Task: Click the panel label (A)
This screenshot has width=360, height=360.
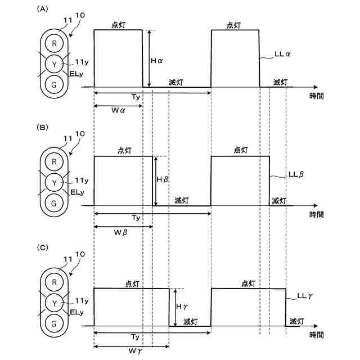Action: (42, 10)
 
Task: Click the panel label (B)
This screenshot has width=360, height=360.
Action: (42, 128)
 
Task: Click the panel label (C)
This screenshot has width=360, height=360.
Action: (42, 247)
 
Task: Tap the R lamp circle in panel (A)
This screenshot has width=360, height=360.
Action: (54, 43)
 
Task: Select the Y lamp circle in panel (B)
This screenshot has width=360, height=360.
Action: (54, 182)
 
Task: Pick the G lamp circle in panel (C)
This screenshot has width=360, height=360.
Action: (54, 323)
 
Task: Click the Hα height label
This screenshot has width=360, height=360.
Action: (157, 59)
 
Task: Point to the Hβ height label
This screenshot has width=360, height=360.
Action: (163, 179)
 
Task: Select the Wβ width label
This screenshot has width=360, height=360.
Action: (121, 232)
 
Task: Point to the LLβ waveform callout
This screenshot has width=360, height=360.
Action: (296, 174)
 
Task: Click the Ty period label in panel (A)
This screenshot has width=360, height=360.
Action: (136, 97)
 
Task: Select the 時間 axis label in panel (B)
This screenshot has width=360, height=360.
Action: (316, 214)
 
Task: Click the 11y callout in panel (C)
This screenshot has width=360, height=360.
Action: (82, 301)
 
